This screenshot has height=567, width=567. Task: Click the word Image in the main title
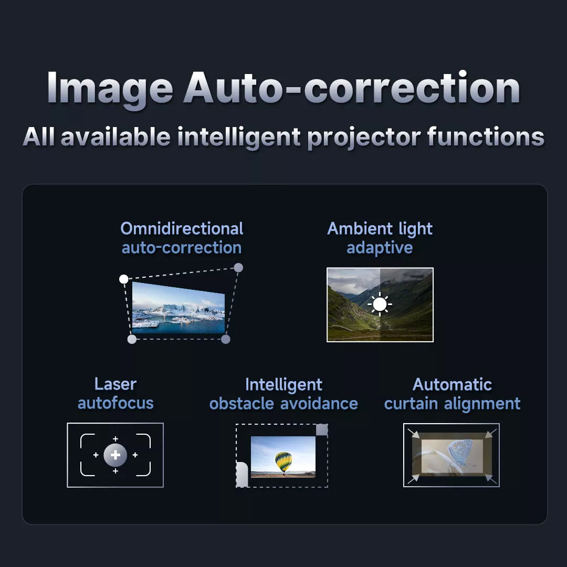[x=110, y=88]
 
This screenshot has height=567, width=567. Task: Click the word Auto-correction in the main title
[x=351, y=88]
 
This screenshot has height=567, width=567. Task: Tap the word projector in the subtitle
[x=363, y=136]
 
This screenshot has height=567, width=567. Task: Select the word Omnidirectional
[x=182, y=228]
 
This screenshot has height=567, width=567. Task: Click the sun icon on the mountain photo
[x=380, y=304]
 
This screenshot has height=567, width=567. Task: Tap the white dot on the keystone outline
[x=123, y=279]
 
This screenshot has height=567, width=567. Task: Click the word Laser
[x=115, y=384]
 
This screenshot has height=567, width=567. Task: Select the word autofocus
[x=115, y=403]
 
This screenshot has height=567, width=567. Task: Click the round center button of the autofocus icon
[x=115, y=455]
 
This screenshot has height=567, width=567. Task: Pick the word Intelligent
[x=283, y=384]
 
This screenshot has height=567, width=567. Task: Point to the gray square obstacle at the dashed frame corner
[x=322, y=430]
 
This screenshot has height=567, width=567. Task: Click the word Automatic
[x=452, y=384]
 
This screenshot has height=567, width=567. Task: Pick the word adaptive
[x=380, y=247]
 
